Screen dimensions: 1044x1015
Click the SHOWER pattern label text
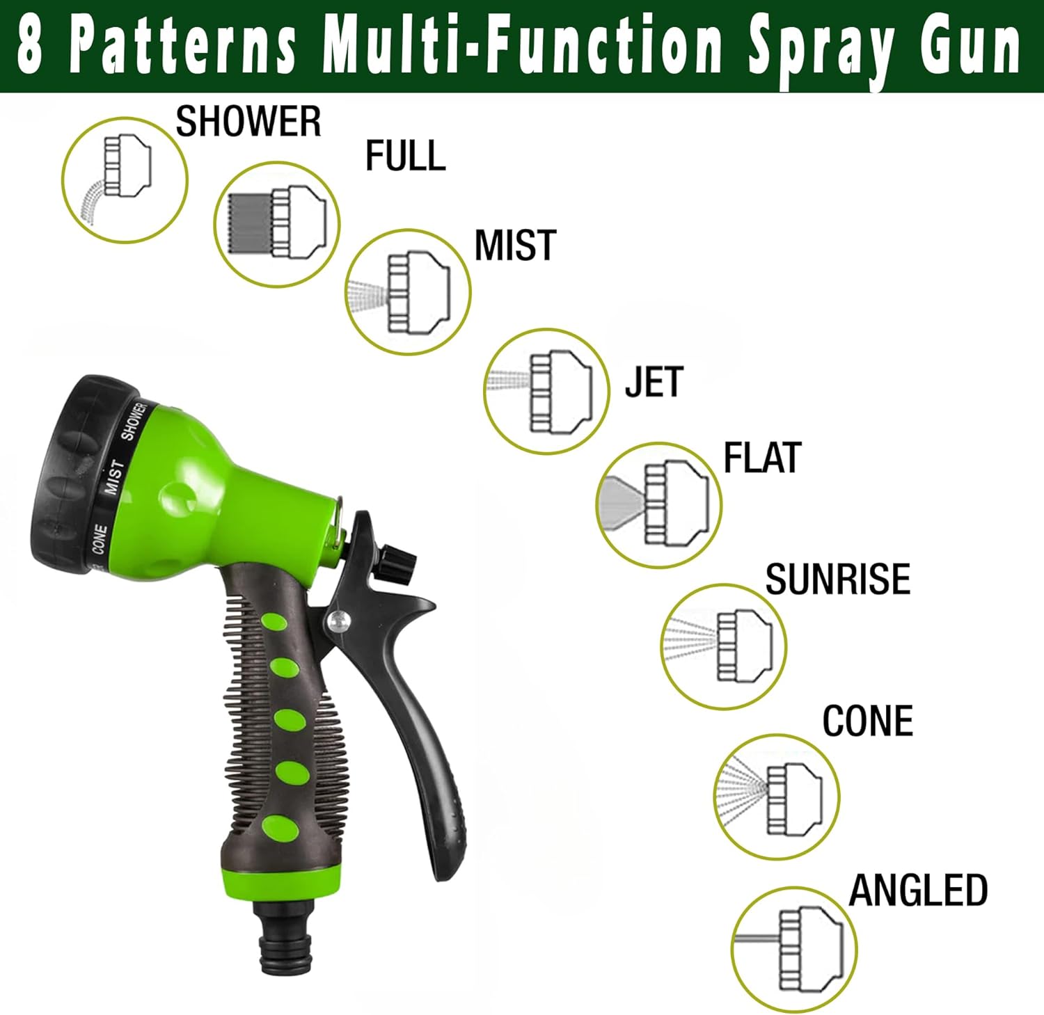[248, 122]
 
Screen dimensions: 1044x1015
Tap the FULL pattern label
[405, 156]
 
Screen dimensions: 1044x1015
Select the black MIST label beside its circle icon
[515, 246]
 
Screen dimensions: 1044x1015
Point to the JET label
[654, 382]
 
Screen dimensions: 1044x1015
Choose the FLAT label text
[762, 458]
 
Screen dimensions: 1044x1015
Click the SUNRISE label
[838, 579]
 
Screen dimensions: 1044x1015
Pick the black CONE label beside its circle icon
[867, 721]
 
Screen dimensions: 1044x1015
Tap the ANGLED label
[918, 890]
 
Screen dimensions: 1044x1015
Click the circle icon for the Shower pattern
[125, 179]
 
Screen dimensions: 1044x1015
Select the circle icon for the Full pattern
[277, 224]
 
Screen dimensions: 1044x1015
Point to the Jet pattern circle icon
[547, 391]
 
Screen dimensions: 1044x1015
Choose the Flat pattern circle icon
[659, 505]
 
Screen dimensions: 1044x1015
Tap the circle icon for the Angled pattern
[795, 950]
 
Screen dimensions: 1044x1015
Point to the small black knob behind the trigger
[397, 559]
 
